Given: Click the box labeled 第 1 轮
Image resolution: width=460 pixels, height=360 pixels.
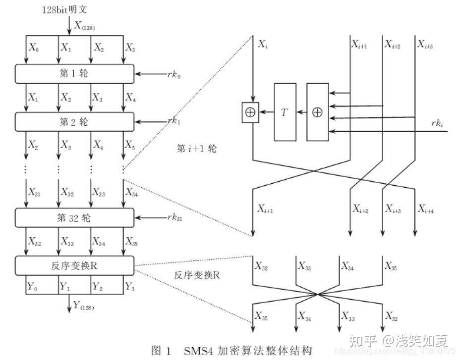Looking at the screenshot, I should tap(74, 74).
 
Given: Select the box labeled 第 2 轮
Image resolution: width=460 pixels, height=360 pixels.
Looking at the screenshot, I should tap(74, 121).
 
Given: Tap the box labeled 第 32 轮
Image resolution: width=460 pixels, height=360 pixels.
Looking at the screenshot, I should tap(74, 217).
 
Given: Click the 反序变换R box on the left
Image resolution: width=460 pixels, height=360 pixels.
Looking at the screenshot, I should tap(74, 265).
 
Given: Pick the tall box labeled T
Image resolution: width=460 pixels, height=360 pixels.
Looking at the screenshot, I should tap(285, 112).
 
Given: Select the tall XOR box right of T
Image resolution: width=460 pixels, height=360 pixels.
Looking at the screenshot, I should tap(317, 112).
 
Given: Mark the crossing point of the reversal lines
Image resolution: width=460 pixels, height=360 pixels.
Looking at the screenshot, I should tap(317, 295).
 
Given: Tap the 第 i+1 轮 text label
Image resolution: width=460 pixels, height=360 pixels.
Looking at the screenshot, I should tap(196, 148).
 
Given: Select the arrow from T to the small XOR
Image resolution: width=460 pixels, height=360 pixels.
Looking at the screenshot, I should tap(267, 112).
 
